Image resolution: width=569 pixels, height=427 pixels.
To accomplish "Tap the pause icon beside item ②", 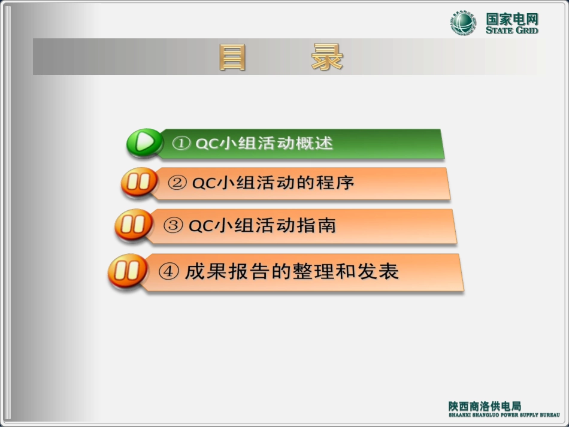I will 138,182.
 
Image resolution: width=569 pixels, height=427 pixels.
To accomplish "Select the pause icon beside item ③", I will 133,225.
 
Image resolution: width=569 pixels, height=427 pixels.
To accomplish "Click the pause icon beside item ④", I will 127,271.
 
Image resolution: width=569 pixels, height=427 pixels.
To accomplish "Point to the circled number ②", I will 177,183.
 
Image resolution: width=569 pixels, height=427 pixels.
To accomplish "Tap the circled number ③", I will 173,226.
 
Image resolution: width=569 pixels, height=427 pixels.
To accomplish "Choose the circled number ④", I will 169,272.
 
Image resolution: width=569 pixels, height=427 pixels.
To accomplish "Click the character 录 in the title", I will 327,57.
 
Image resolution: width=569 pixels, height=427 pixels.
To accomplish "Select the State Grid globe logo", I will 464,23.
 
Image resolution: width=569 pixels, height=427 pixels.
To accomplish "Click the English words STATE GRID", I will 512,30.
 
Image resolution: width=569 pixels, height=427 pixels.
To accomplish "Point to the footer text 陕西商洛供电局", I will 485,405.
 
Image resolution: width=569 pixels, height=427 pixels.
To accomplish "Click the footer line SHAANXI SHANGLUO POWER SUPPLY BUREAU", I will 504,414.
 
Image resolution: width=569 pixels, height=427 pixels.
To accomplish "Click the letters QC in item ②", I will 202,183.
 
